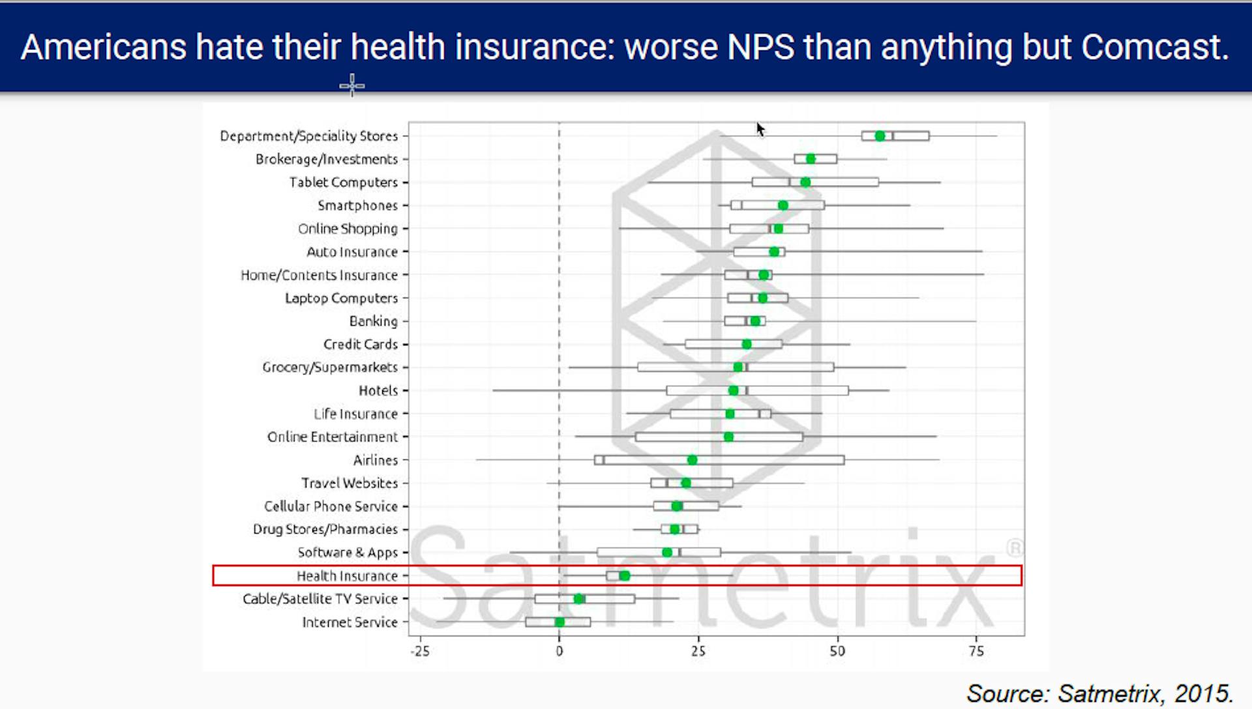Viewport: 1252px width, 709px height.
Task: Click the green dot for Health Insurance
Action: (624, 575)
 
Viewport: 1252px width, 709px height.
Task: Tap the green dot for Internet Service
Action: (559, 622)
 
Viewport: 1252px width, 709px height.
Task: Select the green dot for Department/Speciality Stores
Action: (880, 136)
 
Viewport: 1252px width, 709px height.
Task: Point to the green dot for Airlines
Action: (692, 460)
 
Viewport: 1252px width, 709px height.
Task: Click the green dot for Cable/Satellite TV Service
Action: (578, 599)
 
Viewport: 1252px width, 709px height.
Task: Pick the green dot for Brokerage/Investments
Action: (811, 159)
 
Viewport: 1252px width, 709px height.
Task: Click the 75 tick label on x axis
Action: (976, 651)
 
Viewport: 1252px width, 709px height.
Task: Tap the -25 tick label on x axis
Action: (420, 651)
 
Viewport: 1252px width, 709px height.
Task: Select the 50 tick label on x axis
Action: (837, 651)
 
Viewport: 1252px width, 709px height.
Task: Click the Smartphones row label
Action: (357, 206)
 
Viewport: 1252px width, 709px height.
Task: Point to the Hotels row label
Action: (378, 390)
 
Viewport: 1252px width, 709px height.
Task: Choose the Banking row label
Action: (373, 321)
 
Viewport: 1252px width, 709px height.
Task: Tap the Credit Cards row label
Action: (361, 344)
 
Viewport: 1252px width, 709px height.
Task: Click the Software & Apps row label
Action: (348, 553)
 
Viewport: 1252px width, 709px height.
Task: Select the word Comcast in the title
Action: (1154, 47)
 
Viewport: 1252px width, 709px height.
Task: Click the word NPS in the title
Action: (760, 47)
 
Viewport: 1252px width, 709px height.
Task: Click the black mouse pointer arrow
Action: (760, 129)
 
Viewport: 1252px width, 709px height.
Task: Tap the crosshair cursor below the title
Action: (352, 85)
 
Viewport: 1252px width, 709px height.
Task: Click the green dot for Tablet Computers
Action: (805, 182)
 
